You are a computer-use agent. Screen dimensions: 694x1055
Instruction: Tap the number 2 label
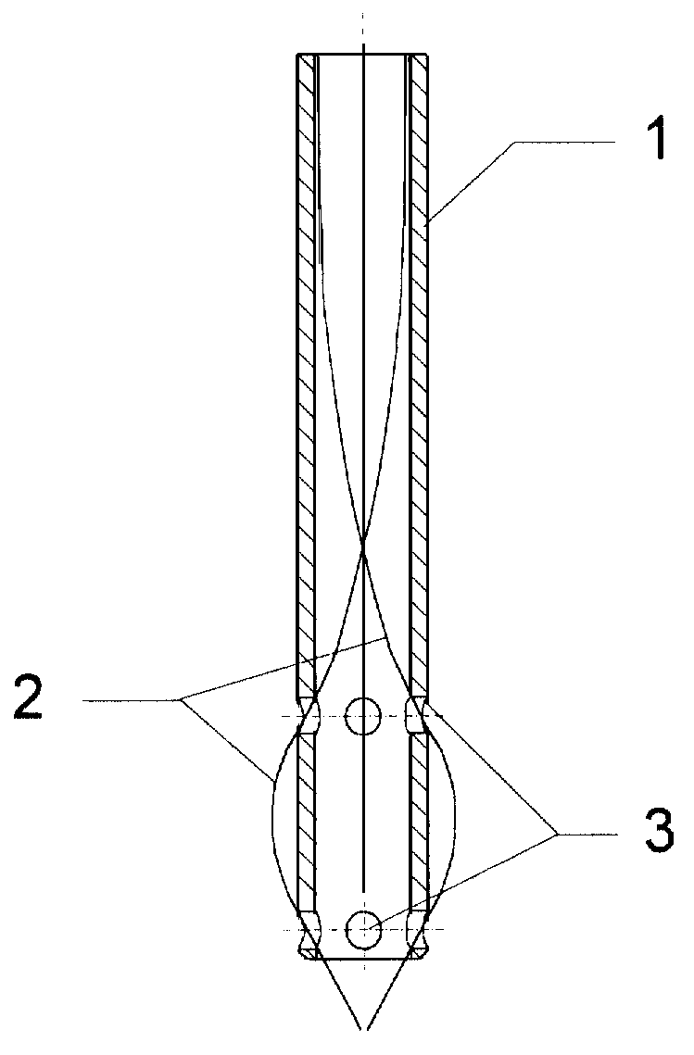pos(29,700)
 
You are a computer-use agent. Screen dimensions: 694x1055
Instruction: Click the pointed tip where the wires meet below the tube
pos(363,1028)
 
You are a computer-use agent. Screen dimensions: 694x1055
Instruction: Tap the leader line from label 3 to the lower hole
pos(464,882)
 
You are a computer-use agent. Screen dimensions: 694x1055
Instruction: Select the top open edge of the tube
pos(363,54)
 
